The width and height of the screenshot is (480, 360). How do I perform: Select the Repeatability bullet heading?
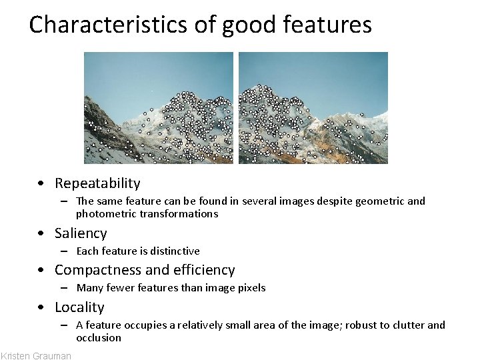point(97,183)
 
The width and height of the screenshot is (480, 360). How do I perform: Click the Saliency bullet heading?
point(81,233)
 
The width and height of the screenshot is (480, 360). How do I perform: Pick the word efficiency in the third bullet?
point(205,270)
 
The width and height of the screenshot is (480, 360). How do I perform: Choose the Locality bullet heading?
point(79,307)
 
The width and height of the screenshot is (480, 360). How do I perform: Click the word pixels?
point(251,288)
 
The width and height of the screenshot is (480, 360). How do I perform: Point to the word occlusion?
point(99,338)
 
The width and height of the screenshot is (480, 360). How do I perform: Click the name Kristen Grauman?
point(36,355)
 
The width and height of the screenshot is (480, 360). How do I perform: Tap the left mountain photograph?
point(159,107)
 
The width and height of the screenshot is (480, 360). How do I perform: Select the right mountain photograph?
point(313,107)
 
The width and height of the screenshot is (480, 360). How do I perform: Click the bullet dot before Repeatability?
point(42,184)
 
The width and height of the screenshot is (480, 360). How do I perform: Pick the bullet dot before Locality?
point(42,308)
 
